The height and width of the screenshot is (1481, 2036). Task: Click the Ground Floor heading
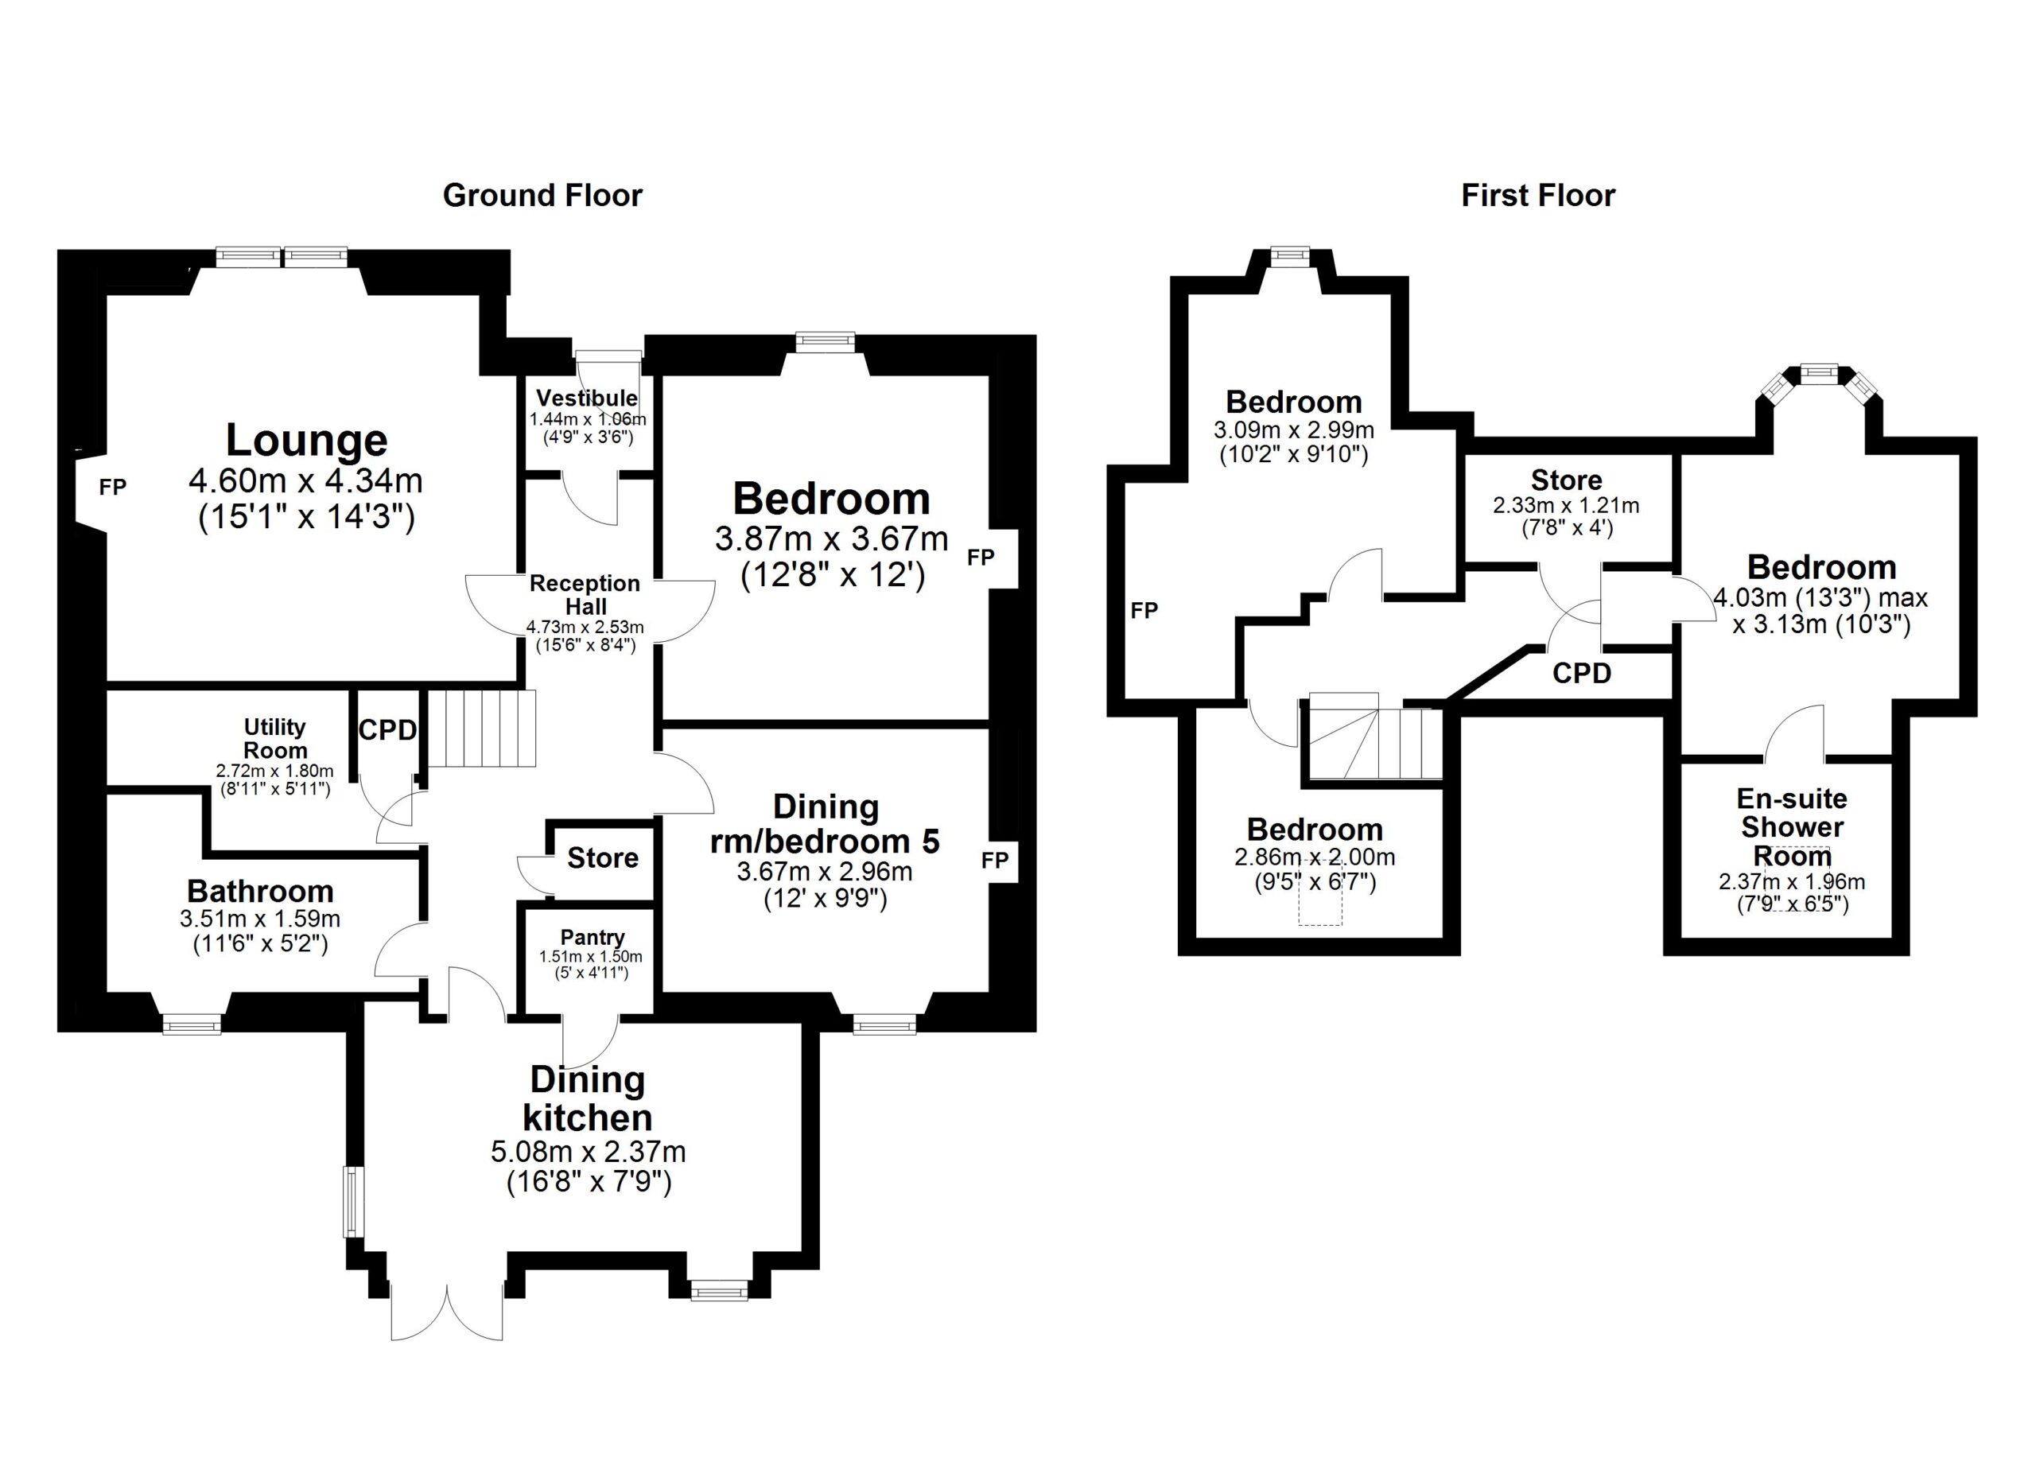542,196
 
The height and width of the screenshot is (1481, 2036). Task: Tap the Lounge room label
306,440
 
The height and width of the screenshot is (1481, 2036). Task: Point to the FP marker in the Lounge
112,487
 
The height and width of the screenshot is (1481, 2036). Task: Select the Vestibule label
587,398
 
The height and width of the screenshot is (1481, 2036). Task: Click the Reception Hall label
585,594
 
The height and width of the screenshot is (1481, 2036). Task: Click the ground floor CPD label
388,729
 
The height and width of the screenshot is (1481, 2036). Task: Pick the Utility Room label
274,738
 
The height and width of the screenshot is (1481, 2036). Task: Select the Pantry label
592,937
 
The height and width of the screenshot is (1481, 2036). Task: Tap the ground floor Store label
602,858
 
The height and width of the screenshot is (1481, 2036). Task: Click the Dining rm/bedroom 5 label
825,824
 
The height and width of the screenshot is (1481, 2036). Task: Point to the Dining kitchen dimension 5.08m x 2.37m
588,1152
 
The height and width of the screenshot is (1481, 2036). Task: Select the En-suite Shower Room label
1792,826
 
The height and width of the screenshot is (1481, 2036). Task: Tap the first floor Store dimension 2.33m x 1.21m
1566,505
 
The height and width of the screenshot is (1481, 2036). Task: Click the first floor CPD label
1582,673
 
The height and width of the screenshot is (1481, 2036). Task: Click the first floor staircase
1374,741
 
